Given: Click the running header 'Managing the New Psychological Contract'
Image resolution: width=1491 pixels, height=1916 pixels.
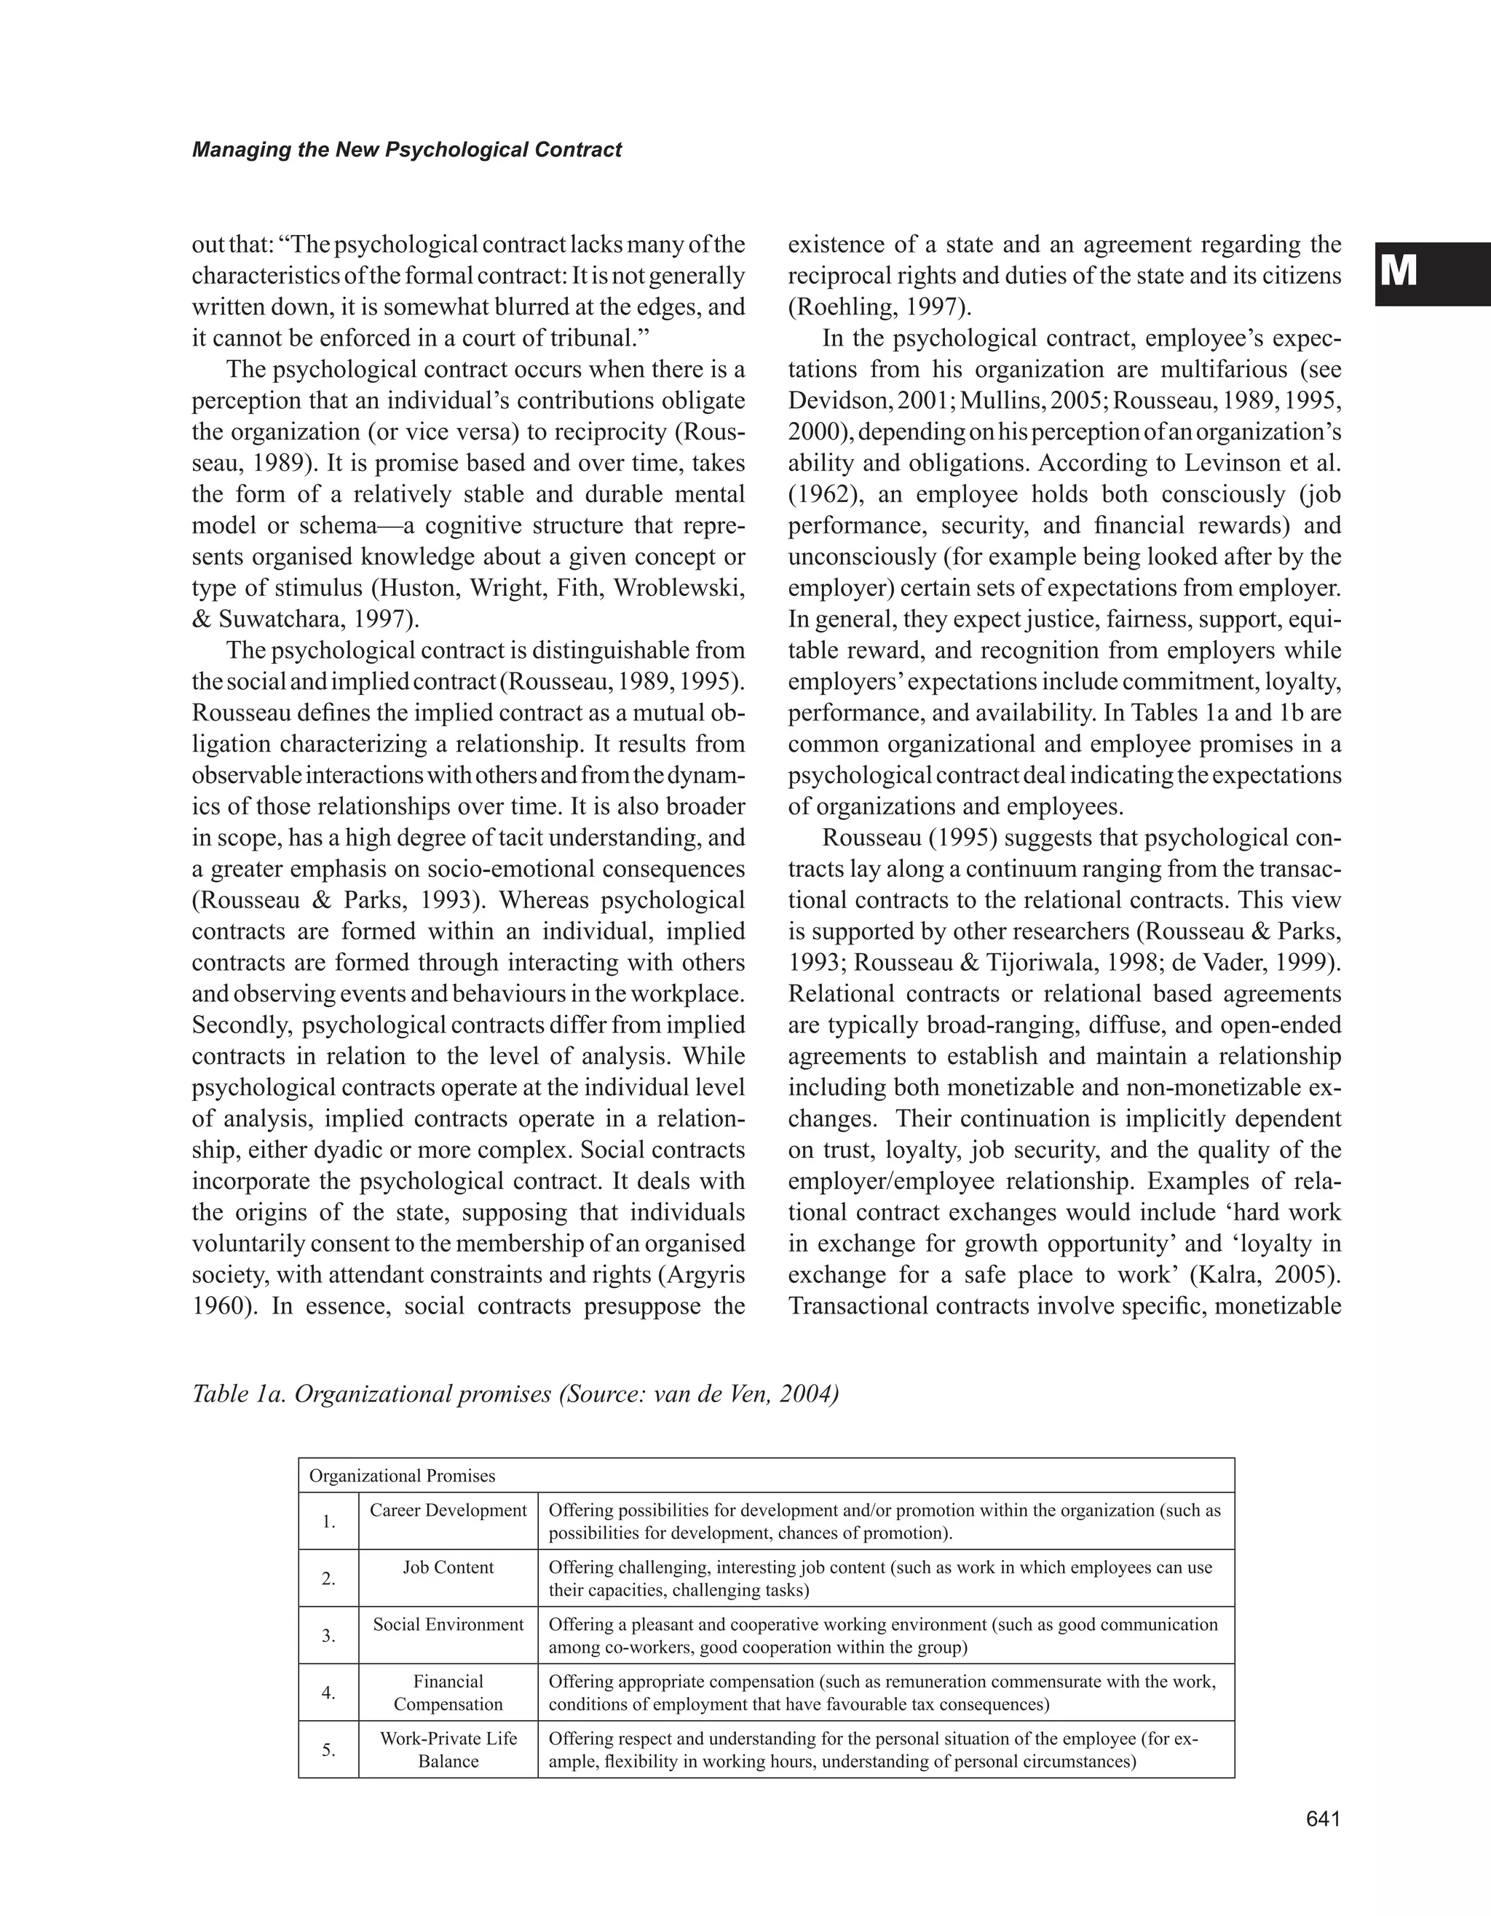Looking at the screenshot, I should tap(406, 150).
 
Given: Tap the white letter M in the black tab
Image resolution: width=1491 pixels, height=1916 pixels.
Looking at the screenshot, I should tap(1398, 273).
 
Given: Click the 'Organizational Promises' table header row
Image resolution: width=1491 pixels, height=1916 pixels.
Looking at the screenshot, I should tap(402, 1476).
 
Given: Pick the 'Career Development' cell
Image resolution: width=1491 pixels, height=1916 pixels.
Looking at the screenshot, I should tap(448, 1510).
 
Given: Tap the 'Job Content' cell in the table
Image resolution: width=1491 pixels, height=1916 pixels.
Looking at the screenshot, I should tap(448, 1567).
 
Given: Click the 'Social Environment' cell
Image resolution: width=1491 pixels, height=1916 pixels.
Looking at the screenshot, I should tap(448, 1624).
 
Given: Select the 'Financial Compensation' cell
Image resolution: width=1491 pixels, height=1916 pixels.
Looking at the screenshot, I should tap(448, 1693).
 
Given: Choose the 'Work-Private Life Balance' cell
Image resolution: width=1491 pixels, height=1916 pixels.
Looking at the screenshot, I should tap(448, 1749).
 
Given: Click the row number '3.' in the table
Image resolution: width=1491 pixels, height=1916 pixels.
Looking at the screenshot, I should tap(328, 1635).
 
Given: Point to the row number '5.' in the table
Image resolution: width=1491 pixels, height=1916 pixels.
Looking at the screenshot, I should tap(328, 1749).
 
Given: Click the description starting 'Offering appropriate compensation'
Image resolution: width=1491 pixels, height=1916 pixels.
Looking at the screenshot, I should tap(882, 1693).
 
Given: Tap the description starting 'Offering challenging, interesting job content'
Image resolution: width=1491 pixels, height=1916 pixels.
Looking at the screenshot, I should tap(880, 1578).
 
